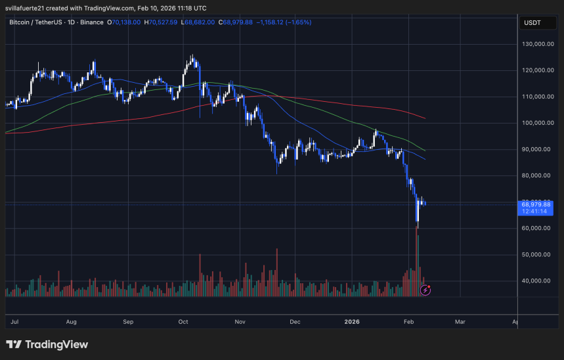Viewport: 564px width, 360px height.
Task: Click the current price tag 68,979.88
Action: (536, 204)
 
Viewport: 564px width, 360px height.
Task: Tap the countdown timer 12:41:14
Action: (536, 212)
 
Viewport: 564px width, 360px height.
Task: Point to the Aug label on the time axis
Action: (72, 322)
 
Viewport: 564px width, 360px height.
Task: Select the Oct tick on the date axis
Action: (183, 322)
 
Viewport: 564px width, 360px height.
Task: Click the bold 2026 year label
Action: (352, 322)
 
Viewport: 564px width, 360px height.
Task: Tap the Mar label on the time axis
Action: (460, 322)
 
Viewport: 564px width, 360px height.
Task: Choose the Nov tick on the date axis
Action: (240, 322)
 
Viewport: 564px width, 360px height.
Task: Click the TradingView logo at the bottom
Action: (47, 344)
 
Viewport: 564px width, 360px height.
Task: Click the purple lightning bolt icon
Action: (425, 289)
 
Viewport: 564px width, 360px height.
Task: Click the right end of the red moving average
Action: (425, 118)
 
